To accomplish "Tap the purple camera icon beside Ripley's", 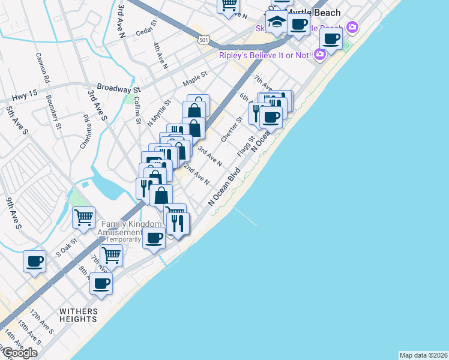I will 319,54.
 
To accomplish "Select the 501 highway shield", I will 203,40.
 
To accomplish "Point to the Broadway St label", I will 105,88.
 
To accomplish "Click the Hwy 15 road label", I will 24,94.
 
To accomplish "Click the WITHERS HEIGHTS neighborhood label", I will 77,315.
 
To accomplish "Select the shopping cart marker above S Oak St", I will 83,217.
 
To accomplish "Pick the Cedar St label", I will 146,28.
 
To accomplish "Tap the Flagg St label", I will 246,147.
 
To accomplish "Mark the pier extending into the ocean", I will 246,217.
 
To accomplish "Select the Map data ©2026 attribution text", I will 423,355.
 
